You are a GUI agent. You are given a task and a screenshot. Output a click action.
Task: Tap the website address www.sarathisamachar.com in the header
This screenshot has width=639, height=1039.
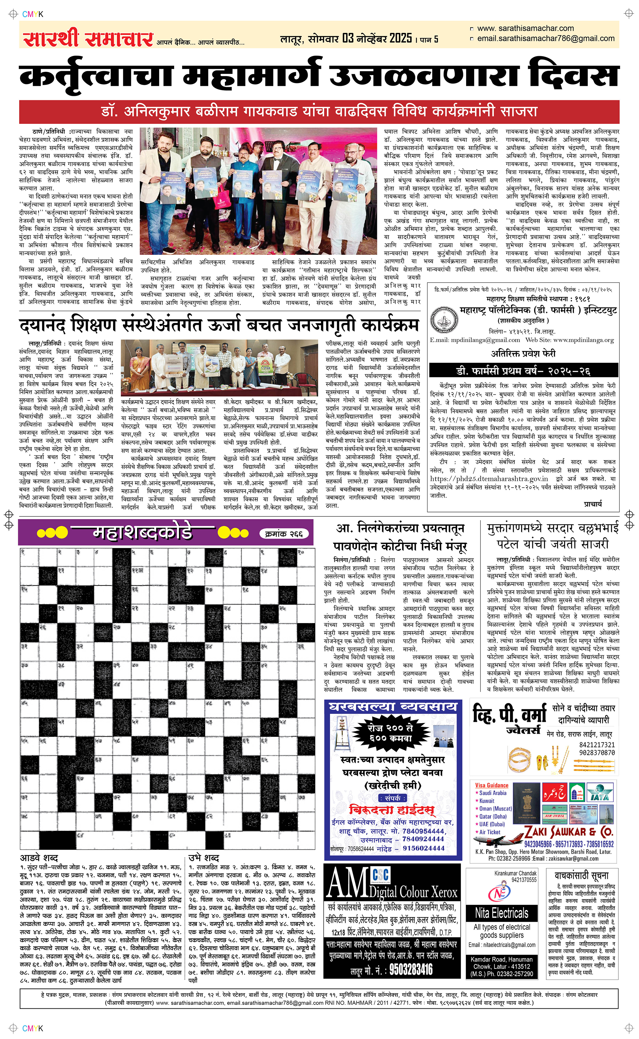[x=525, y=28]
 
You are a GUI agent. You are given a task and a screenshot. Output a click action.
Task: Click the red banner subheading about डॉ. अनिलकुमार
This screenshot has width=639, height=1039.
[x=319, y=112]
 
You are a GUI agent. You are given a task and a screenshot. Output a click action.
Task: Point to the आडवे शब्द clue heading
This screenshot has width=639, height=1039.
[x=39, y=858]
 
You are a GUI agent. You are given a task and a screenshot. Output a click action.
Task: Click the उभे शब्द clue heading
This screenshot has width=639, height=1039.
[x=204, y=858]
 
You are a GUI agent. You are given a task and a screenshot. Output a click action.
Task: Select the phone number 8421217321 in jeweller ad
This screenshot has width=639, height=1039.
[x=597, y=745]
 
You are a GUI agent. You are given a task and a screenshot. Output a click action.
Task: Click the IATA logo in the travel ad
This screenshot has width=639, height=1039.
[x=599, y=793]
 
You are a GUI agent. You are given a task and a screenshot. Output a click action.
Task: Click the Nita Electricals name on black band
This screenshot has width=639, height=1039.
[x=501, y=913]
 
